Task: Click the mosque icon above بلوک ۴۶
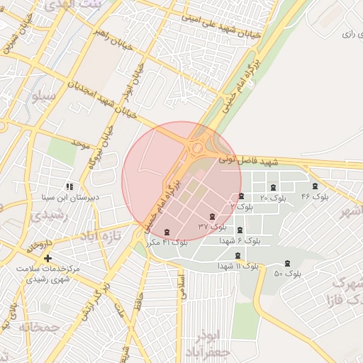click(x=315, y=186)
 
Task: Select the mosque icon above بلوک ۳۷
click(x=211, y=216)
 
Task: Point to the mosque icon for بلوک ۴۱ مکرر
click(x=167, y=232)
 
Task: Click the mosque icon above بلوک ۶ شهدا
click(x=239, y=230)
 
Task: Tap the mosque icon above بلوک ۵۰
click(x=287, y=263)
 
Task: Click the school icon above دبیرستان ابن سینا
click(x=69, y=186)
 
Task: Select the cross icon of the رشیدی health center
click(x=48, y=259)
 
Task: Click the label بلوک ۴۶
click(x=315, y=196)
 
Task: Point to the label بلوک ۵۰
click(x=287, y=273)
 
